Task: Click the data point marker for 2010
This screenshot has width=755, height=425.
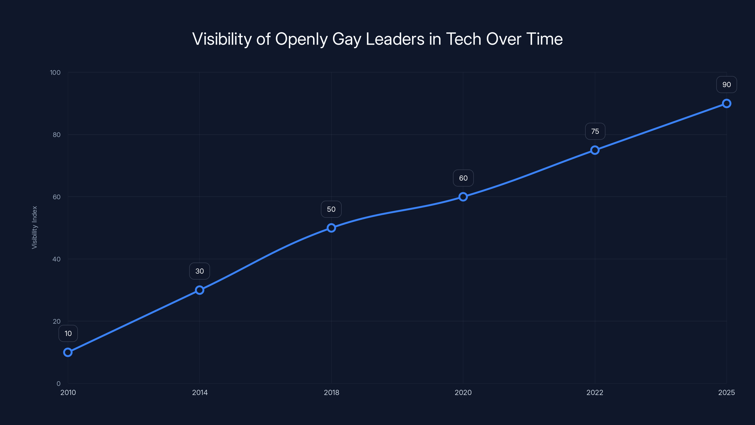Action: (68, 352)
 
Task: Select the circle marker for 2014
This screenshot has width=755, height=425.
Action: (200, 290)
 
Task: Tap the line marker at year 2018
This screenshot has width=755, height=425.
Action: (331, 228)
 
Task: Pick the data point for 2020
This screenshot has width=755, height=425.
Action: (463, 197)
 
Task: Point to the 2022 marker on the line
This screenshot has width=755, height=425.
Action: (595, 150)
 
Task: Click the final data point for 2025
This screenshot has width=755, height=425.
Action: (726, 104)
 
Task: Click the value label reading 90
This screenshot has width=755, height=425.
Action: (726, 85)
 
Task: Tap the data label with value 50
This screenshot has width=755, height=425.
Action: (331, 209)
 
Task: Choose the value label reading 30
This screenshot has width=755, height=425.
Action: (200, 271)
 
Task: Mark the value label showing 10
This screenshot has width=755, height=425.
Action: (68, 333)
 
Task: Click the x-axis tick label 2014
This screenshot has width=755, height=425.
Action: (200, 392)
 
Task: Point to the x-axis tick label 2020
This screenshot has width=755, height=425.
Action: (463, 392)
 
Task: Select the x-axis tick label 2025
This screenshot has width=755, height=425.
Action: (726, 392)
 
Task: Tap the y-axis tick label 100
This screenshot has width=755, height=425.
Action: (55, 72)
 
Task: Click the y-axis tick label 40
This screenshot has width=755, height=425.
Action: (56, 259)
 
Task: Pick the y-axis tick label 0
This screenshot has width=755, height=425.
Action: (58, 384)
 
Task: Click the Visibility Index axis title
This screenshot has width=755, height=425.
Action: (35, 228)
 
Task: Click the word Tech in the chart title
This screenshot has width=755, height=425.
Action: (463, 39)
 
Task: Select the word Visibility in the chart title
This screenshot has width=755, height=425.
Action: (222, 39)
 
